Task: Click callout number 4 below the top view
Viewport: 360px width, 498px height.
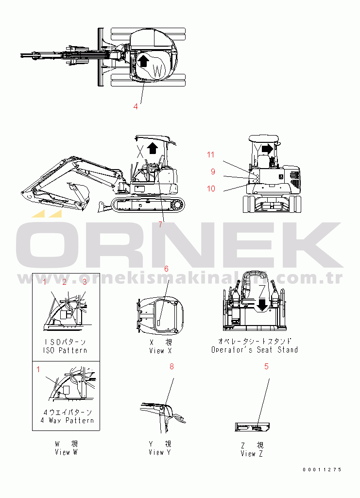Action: (136, 106)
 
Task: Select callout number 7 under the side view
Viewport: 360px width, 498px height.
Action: (161, 224)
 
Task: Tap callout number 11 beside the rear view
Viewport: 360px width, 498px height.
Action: (210, 155)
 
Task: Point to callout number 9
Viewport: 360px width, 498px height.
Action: (213, 171)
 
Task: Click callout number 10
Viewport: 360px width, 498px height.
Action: (211, 189)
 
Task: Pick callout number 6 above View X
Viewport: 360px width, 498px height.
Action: (166, 269)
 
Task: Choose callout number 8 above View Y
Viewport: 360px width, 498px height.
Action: (171, 367)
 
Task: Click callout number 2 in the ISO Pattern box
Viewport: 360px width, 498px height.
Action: (64, 282)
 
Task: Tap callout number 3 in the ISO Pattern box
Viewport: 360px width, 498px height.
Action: (84, 282)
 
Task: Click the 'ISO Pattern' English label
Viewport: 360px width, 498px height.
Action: (66, 350)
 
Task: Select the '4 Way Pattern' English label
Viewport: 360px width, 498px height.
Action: (67, 420)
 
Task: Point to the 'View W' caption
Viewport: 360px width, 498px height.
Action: (66, 452)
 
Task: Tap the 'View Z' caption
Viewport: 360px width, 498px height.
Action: (252, 454)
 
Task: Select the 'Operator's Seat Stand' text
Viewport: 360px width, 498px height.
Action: (255, 350)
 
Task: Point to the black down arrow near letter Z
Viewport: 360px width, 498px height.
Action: (263, 305)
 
